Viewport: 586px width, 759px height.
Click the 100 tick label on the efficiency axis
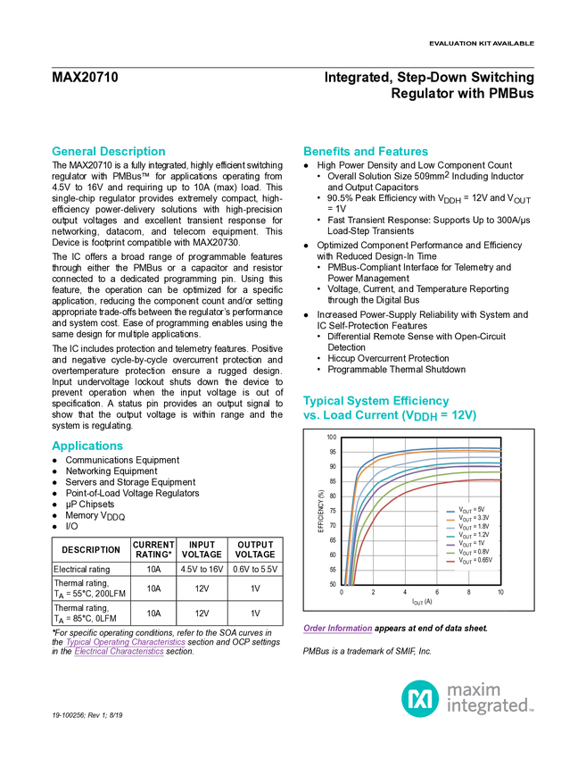pyautogui.click(x=331, y=438)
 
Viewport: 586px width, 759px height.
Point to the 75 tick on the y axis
pyautogui.click(x=333, y=511)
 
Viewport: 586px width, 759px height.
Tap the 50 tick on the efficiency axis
pyautogui.click(x=333, y=585)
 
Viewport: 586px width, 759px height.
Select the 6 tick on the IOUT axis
pyautogui.click(x=437, y=593)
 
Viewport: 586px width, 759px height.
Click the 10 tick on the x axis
pyautogui.click(x=500, y=593)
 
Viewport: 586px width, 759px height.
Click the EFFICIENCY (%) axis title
pyautogui.click(x=320, y=512)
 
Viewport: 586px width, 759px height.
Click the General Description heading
pyautogui.click(x=108, y=152)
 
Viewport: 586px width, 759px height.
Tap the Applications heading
pyautogui.click(x=87, y=446)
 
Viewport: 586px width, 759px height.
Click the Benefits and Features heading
pyautogui.click(x=366, y=152)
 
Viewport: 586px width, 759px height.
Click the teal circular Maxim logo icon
pyautogui.click(x=419, y=697)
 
